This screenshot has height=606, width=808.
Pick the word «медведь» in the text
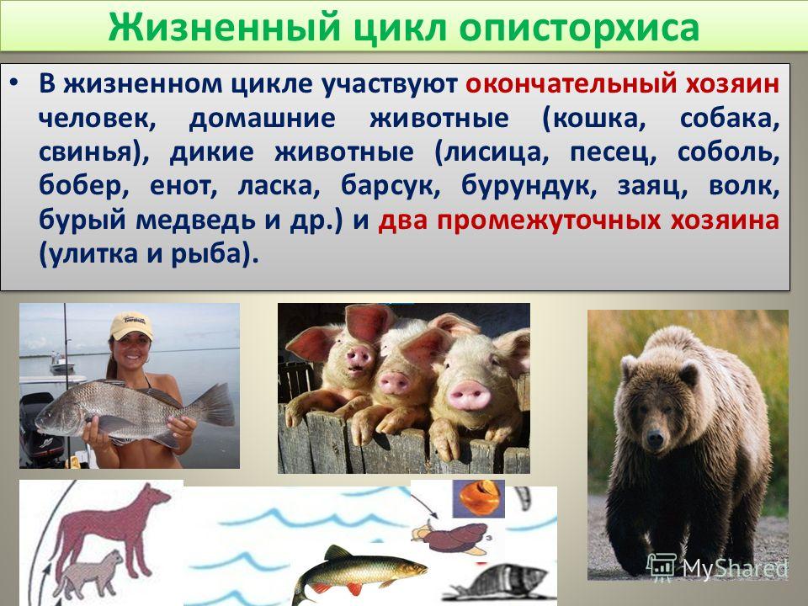(x=197, y=221)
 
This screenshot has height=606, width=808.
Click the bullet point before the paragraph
(x=15, y=83)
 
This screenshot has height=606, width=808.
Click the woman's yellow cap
(x=131, y=326)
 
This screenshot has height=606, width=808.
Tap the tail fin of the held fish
(x=216, y=405)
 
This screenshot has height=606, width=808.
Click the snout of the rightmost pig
(x=469, y=396)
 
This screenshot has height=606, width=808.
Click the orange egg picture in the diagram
(x=478, y=497)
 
